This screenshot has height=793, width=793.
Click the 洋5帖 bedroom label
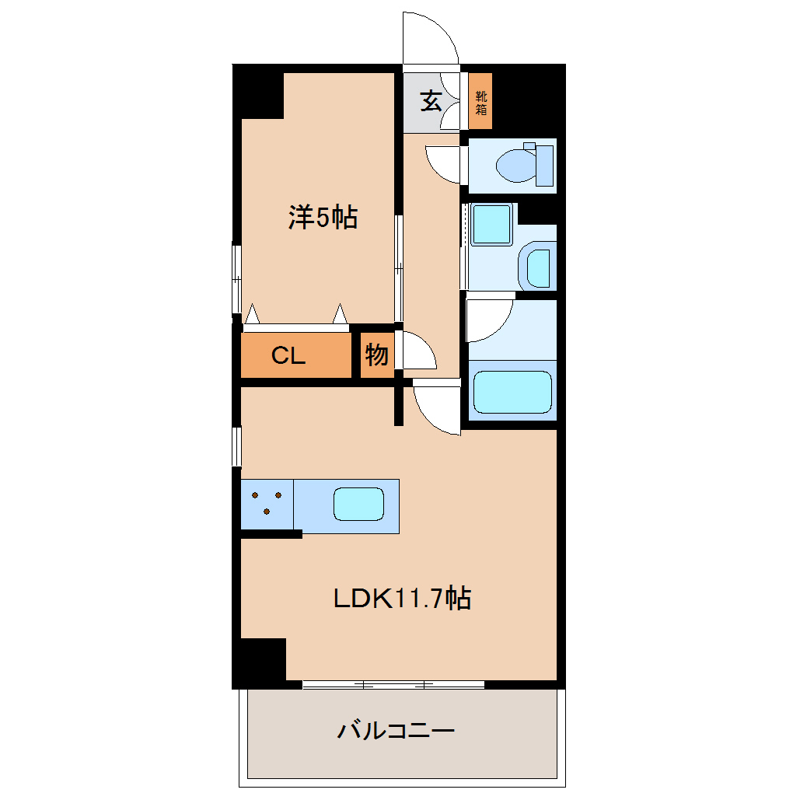click(323, 217)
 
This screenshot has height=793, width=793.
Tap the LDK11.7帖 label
click(402, 599)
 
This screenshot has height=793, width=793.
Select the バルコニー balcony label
click(396, 731)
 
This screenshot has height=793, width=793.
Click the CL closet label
click(288, 355)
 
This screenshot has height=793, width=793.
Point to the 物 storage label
click(377, 355)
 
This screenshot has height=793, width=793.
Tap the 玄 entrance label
click(431, 100)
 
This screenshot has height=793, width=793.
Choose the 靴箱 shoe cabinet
click(480, 101)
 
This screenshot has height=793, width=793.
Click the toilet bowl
click(524, 165)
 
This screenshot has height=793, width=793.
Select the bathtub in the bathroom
click(512, 391)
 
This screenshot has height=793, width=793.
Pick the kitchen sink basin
click(358, 504)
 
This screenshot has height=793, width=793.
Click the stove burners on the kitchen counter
click(267, 503)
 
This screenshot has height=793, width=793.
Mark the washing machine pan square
click(491, 225)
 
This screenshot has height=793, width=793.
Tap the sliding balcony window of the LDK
click(393, 685)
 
